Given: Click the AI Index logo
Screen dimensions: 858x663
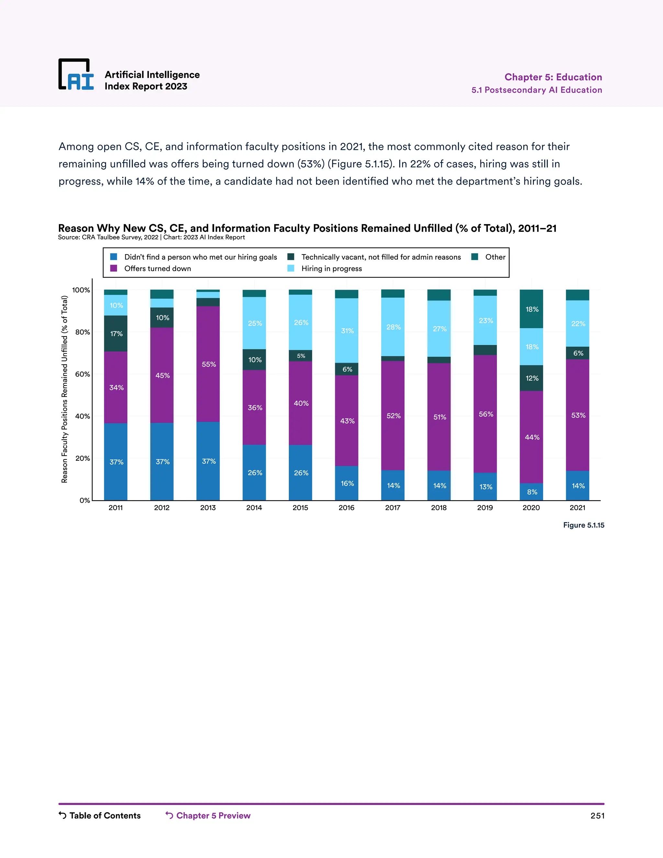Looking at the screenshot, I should (x=76, y=75).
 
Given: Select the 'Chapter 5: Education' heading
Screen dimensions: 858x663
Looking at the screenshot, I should (x=553, y=77).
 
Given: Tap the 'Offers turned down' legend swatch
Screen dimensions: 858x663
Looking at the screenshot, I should (x=114, y=268).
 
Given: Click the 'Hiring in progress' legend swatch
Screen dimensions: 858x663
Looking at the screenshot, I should (x=291, y=268).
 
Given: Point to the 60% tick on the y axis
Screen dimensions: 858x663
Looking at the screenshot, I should (x=83, y=374).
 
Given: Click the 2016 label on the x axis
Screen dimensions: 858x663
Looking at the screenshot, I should (x=346, y=508).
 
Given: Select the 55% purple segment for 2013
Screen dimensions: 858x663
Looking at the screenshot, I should (x=208, y=364).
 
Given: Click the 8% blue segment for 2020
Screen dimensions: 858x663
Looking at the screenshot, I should (x=532, y=492).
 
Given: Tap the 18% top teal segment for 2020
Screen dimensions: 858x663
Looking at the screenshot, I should (x=532, y=309).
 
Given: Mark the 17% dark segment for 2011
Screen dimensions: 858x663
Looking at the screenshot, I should (x=116, y=333).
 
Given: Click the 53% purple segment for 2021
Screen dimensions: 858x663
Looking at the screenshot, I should (x=578, y=415).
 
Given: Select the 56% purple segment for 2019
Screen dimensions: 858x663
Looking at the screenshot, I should (x=486, y=414).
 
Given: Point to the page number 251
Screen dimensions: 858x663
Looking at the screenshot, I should (x=597, y=816).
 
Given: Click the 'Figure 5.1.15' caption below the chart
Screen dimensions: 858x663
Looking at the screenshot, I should (x=583, y=525).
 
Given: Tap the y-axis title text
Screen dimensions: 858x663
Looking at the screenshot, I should (x=65, y=389).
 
